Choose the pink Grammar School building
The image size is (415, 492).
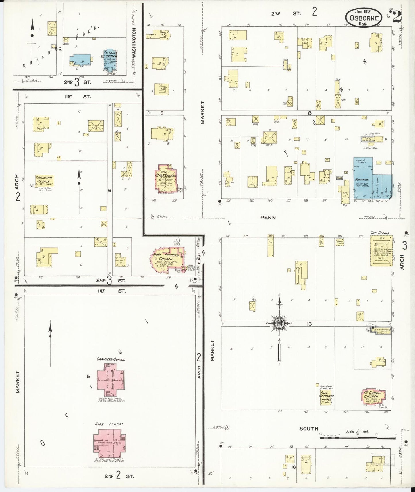click(111, 376)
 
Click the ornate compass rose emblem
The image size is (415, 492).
click(279, 323)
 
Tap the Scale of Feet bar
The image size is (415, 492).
click(358, 438)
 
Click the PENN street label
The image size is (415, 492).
click(268, 218)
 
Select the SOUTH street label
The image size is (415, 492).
click(309, 429)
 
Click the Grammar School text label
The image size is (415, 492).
click(111, 359)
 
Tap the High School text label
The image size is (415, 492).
click(109, 424)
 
